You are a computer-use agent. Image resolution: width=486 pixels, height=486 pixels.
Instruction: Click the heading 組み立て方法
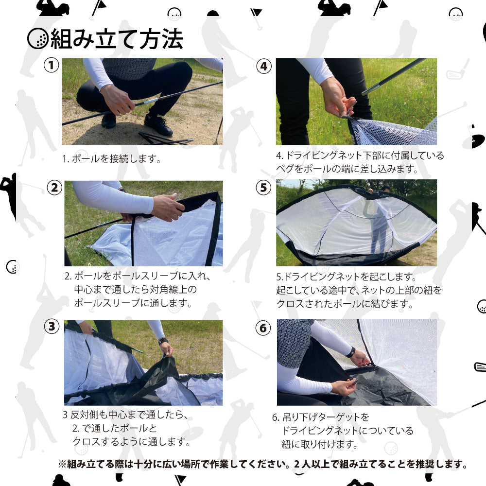point(117,39)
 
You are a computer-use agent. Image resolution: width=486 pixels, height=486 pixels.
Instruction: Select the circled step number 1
point(51,66)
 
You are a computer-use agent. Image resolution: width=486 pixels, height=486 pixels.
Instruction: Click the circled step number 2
point(55,188)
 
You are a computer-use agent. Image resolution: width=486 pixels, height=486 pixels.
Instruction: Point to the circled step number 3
point(52,327)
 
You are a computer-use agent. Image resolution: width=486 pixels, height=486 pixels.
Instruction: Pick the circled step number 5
point(263,188)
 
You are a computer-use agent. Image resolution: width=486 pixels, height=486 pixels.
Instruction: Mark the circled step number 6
point(263,328)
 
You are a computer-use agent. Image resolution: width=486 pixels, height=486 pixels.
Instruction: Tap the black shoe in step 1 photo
point(158,125)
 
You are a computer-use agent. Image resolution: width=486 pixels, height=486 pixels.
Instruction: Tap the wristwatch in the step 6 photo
point(350,352)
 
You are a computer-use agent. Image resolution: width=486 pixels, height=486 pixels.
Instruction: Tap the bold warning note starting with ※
point(262,464)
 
